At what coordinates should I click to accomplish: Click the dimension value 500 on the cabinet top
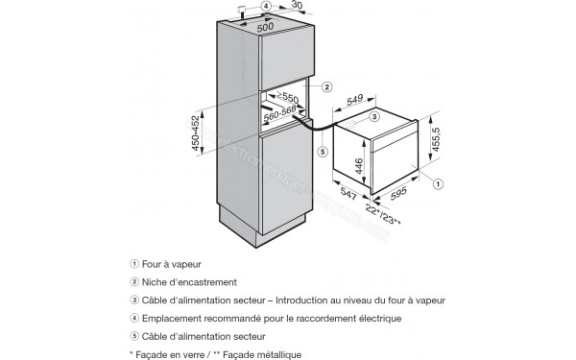[x=265, y=27]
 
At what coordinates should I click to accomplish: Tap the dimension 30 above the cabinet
[x=296, y=5]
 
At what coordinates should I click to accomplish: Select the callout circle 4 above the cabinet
[x=266, y=6]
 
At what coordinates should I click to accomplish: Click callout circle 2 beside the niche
[x=326, y=87]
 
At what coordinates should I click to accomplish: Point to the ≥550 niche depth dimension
[x=288, y=97]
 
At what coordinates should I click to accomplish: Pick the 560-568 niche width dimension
[x=280, y=112]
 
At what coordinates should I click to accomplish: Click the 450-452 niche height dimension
[x=195, y=132]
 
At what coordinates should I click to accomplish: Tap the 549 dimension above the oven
[x=354, y=99]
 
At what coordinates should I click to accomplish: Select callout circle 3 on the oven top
[x=373, y=117]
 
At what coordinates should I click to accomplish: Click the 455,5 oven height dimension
[x=436, y=139]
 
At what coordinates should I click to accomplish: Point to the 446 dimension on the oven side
[x=358, y=166]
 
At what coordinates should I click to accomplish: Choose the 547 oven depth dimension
[x=348, y=194]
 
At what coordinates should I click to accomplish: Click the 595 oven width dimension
[x=398, y=194]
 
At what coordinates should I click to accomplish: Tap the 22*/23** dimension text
[x=383, y=214]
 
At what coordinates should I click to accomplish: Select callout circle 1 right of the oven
[x=438, y=183]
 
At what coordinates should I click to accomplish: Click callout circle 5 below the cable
[x=323, y=152]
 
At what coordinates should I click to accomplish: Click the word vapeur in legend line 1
[x=186, y=265]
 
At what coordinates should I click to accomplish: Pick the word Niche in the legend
[x=153, y=282]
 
